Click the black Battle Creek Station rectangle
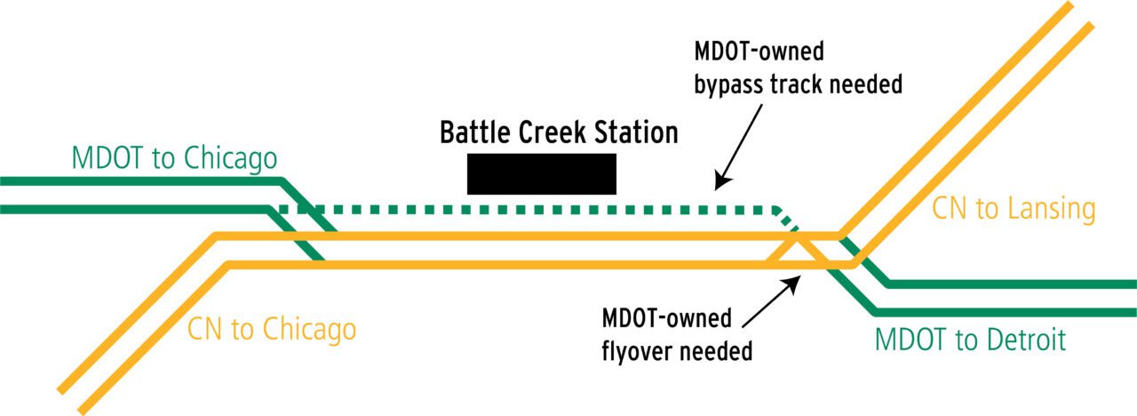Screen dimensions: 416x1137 pos(541,173)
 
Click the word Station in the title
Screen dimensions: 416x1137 pos(638,132)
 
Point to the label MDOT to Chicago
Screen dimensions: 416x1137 pos(174,158)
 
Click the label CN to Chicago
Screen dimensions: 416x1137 pos(272,330)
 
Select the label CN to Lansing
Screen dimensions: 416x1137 pos(1014,210)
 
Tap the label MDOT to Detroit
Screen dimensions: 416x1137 pos(970,340)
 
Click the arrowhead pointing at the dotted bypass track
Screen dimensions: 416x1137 pos(720,184)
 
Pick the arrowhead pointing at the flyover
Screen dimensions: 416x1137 pos(794,283)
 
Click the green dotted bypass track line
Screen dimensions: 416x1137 pos(533,211)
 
